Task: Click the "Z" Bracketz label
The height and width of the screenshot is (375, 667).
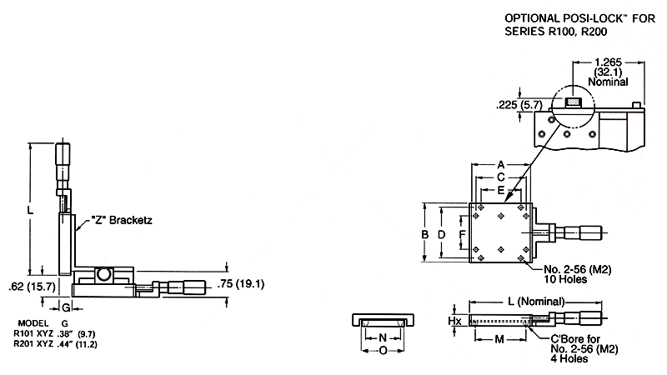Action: coord(122,220)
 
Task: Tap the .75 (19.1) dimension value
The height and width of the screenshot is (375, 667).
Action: coord(241,283)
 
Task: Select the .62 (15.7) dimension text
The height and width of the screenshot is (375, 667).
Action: coord(33,287)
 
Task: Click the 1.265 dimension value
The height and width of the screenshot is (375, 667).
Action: coord(608,62)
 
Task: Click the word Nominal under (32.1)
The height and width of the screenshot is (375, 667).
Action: coord(608,82)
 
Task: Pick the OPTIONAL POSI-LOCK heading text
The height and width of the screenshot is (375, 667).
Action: coord(579,18)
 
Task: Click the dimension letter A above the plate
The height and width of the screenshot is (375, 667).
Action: coord(501,164)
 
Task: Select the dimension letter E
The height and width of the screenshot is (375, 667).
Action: coord(501,190)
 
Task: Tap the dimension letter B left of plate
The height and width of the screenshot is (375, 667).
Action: coord(424,234)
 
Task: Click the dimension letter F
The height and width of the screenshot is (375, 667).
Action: coord(463,234)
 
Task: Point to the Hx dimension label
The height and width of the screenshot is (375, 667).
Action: coord(454,320)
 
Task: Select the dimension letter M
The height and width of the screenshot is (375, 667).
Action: coord(499,339)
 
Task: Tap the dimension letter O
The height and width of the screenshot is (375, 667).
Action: coord(383,351)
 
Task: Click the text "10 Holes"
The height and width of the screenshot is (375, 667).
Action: coord(565,279)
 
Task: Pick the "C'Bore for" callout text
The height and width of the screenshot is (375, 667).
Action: coord(575,339)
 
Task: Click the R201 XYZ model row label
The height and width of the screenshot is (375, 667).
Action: coord(33,344)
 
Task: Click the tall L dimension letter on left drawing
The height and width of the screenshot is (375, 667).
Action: coord(30,209)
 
